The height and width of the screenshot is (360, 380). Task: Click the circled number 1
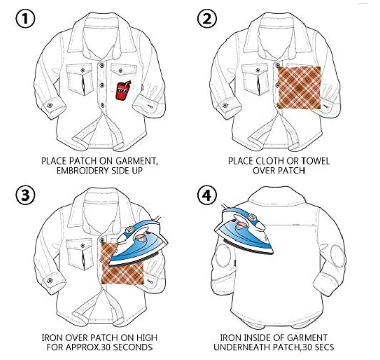coord(25,19)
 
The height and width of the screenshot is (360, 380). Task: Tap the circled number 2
coord(207,19)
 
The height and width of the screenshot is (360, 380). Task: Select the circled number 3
coord(25,195)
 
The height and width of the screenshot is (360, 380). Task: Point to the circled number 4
coord(207,195)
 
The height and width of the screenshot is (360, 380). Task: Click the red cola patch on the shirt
coord(123,90)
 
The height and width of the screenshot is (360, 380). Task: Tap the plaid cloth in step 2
coord(299,88)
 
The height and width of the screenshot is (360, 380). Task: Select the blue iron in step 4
coord(244,233)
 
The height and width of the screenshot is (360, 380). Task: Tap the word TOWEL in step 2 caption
coord(315,161)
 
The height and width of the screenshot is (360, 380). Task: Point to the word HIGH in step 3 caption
coord(145,338)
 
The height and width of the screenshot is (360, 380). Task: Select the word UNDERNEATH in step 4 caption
coord(242,347)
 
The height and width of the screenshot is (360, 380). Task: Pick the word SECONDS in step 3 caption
coord(133,347)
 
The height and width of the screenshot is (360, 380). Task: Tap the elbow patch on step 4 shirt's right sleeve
coord(337,256)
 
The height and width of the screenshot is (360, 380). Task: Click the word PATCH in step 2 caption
coord(291,170)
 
